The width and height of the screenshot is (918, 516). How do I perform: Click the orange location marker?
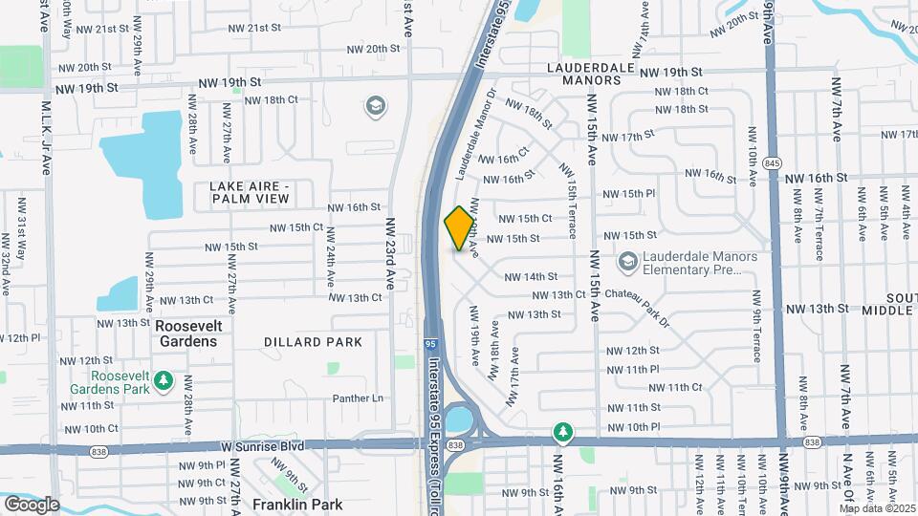(460, 228)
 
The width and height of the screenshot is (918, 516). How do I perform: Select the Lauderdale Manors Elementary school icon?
(628, 261)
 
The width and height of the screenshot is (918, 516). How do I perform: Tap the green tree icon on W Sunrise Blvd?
(564, 433)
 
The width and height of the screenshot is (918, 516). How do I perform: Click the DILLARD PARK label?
(314, 342)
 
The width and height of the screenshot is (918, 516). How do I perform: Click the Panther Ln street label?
(358, 398)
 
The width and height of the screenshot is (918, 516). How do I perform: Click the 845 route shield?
(772, 163)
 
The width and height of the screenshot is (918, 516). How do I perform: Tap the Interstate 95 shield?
(431, 339)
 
